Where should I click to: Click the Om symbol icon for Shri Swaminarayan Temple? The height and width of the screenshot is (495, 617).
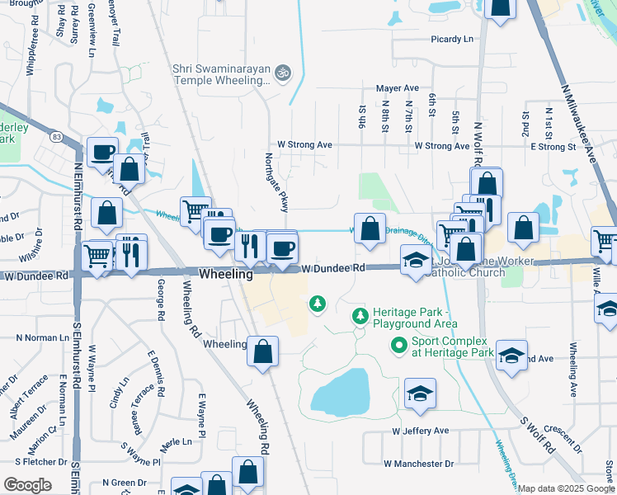tap(282, 73)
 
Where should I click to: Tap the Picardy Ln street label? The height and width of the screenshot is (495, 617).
tap(452, 39)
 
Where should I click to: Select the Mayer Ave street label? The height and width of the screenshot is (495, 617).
tap(398, 88)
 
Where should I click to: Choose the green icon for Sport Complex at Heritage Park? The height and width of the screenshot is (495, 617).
tap(399, 346)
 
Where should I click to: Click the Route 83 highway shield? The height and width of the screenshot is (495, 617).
tap(56, 135)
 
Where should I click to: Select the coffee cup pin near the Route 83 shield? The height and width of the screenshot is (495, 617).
tap(103, 153)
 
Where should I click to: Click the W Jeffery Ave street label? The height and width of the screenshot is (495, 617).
tap(421, 431)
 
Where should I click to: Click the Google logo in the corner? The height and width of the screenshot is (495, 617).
tap(28, 484)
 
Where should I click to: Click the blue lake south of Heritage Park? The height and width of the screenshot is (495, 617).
tap(341, 392)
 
